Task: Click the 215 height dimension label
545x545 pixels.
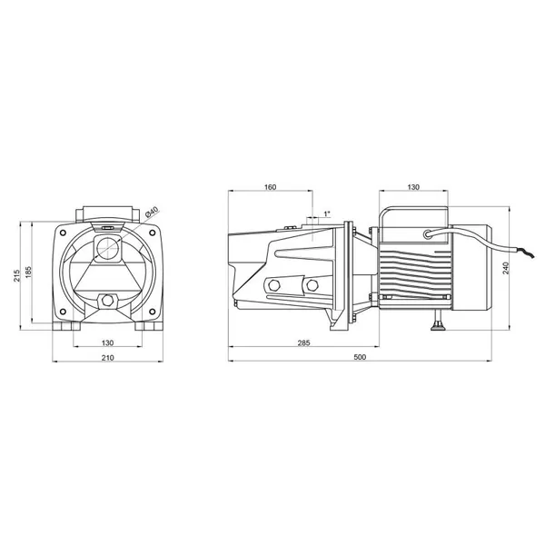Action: coord(16,275)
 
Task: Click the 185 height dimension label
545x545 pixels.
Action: coord(28,272)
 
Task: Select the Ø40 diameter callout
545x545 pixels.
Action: coord(152,212)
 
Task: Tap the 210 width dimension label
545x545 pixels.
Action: coord(107,358)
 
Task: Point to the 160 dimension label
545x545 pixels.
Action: coord(270,187)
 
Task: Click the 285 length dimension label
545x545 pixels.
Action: coord(303,342)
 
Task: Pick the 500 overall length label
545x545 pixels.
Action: coord(360,357)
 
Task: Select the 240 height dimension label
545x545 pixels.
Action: coord(506,268)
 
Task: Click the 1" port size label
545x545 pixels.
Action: coord(327,213)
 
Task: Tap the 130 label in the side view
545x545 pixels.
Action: coord(413,187)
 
